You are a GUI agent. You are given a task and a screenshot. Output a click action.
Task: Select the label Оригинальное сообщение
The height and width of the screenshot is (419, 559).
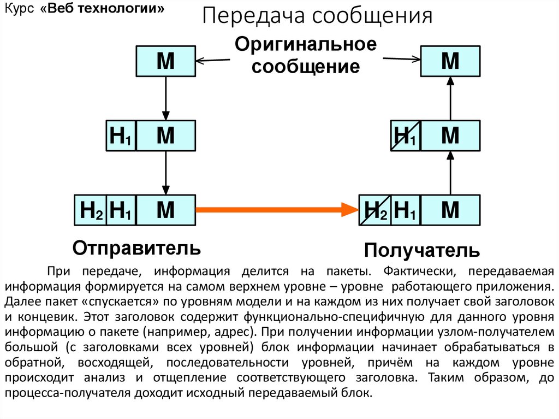point(306,56)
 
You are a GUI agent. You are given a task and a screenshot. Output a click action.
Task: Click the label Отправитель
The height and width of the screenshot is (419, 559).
point(136,248)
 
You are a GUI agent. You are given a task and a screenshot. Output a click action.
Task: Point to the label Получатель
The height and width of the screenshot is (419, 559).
point(422,251)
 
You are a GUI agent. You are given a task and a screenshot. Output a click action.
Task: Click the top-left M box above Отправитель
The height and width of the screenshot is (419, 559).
point(165,61)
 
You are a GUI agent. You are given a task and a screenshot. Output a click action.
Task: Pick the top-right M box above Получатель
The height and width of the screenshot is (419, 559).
point(450,61)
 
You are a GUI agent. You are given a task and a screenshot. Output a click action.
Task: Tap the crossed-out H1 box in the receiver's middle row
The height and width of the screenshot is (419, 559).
point(406,136)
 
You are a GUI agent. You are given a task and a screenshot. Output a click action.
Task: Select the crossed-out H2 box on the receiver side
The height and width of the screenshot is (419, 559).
point(374,210)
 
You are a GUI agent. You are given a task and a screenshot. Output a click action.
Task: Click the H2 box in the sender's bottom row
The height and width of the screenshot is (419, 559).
point(91,210)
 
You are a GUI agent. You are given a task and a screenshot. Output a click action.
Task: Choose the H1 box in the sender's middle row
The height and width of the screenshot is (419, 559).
point(121,136)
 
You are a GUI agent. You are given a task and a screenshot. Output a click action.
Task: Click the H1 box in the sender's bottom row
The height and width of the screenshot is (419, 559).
point(121,210)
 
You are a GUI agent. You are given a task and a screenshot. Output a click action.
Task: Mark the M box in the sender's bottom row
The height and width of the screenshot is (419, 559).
point(165,210)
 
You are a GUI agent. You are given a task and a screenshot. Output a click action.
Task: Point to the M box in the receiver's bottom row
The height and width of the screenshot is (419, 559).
point(450,210)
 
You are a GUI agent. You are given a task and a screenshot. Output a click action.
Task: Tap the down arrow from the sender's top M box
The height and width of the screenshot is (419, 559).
point(165,98)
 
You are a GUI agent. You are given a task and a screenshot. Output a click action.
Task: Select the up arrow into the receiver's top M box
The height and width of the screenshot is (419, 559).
point(450,98)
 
